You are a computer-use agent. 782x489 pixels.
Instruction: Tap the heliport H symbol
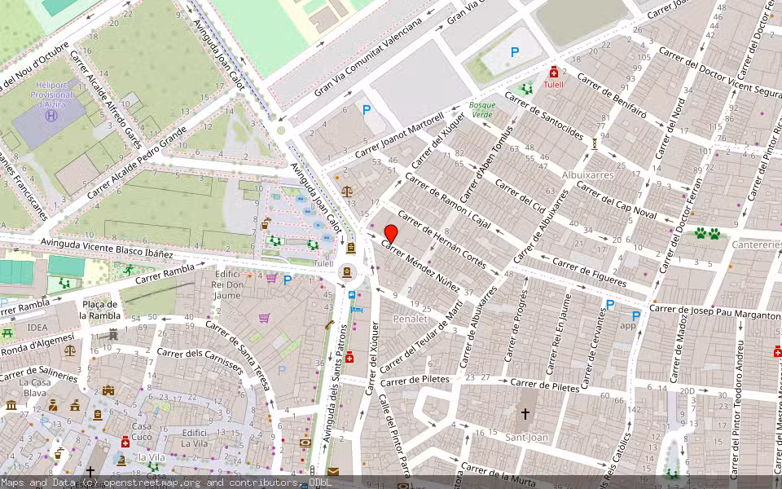[x=51, y=117]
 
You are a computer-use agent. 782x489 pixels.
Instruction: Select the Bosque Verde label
[x=482, y=110]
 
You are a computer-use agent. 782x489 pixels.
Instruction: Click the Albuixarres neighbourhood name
[x=587, y=174]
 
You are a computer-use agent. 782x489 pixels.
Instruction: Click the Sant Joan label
[x=525, y=437]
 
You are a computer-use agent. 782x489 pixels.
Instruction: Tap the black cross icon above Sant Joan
[x=525, y=414]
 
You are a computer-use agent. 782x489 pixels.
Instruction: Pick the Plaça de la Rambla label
[x=100, y=311]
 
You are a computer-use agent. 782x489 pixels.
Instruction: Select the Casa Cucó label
[x=142, y=431]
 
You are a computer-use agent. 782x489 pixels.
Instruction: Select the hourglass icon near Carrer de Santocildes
[x=595, y=143]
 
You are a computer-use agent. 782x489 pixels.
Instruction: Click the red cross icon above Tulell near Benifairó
[x=554, y=72]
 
